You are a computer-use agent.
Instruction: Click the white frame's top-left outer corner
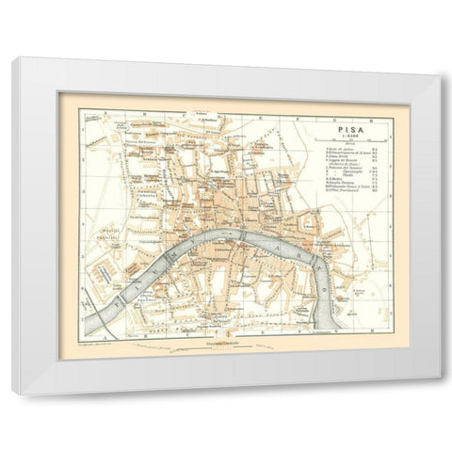pyautogui.click(x=13, y=58)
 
